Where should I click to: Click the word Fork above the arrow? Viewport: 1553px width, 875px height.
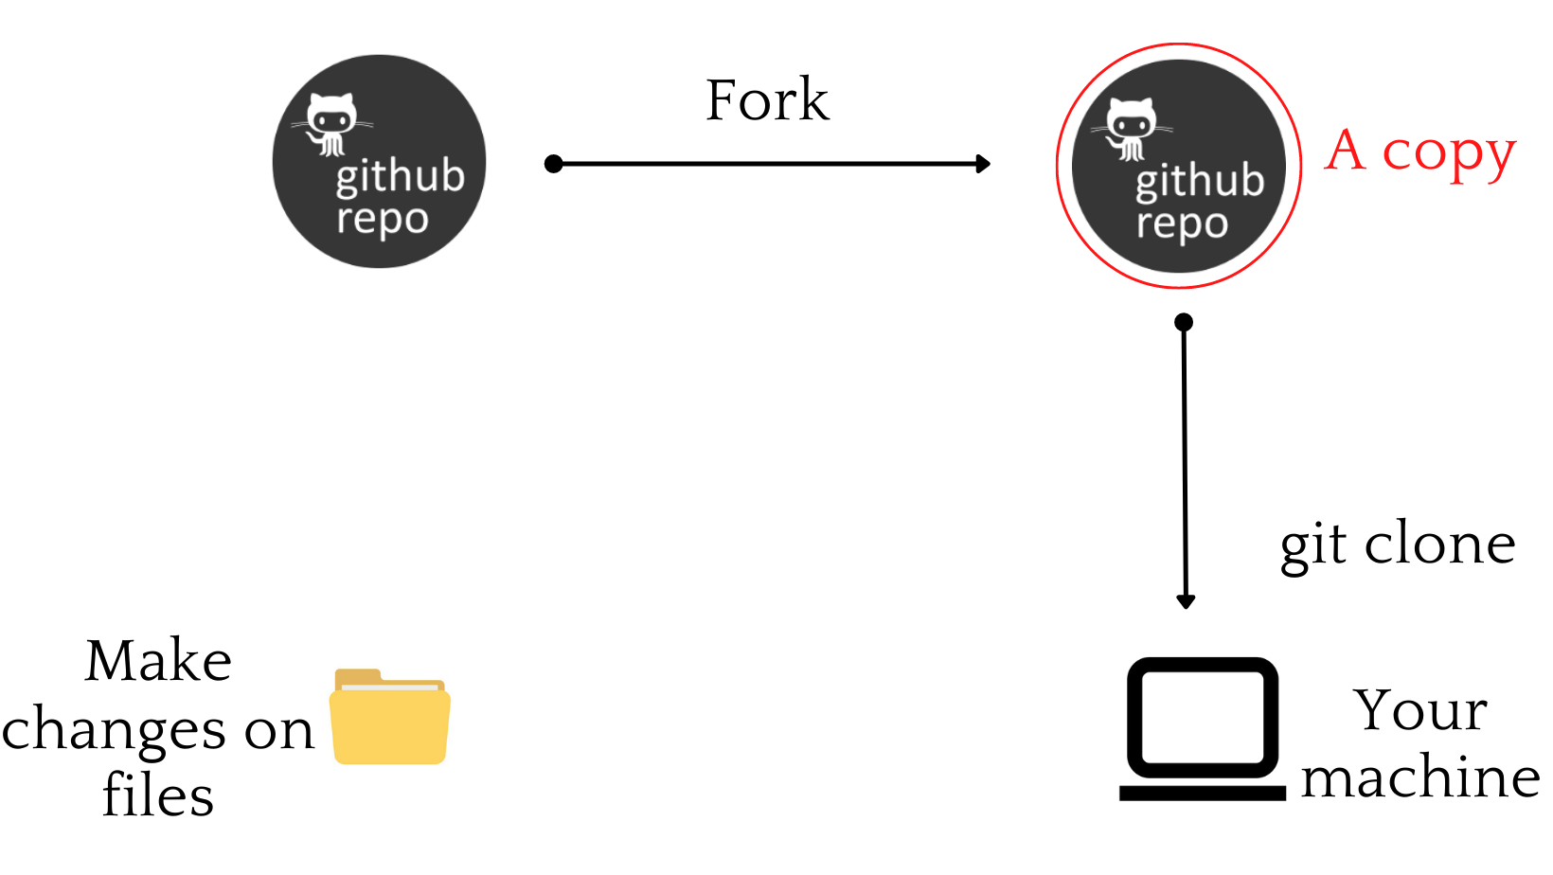[767, 100]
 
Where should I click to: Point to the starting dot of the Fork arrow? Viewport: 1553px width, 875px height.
[554, 164]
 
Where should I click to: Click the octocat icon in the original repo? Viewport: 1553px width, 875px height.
[330, 123]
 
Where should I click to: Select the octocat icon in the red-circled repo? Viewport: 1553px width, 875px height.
[1131, 128]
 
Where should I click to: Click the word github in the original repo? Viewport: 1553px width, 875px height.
[400, 177]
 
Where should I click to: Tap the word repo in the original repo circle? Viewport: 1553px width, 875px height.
[383, 220]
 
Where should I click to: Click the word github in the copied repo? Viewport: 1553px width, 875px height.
[1200, 181]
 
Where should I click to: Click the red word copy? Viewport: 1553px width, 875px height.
[1448, 154]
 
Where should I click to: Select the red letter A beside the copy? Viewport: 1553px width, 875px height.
[1346, 152]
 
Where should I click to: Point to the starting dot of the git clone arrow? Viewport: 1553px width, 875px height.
[1184, 323]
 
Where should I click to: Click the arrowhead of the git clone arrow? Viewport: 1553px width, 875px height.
[1186, 601]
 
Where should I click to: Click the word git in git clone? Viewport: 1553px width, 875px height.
[1312, 546]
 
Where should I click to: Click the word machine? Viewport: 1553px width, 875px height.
[1420, 778]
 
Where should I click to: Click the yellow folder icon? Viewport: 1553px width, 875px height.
[390, 717]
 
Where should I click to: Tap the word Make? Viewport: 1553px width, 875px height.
[158, 661]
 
